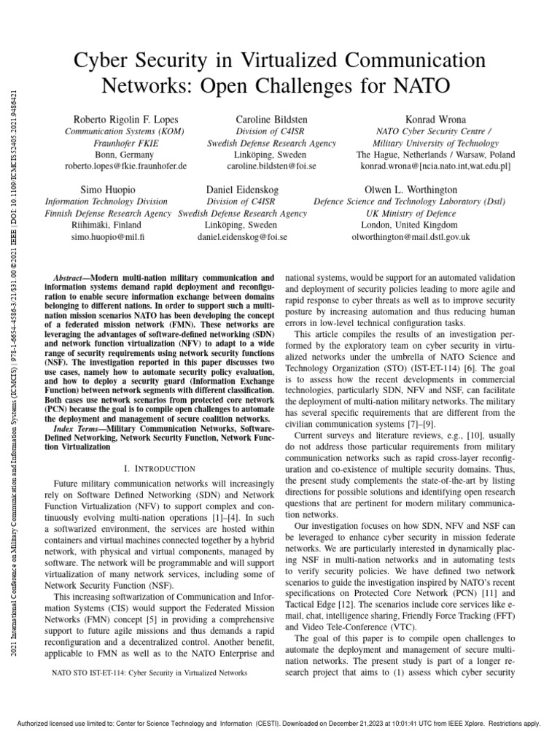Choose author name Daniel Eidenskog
click(x=242, y=190)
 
